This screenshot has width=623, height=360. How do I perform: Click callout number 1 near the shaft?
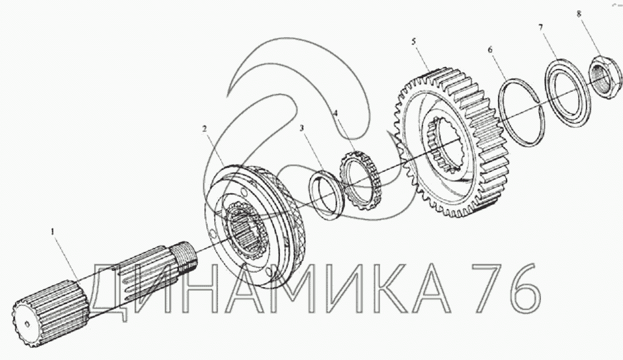pyautogui.click(x=52, y=231)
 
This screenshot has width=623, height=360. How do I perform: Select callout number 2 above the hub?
pyautogui.click(x=204, y=129)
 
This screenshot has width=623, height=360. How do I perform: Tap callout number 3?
pyautogui.click(x=302, y=128)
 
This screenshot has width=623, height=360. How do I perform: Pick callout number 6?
pyautogui.click(x=490, y=49)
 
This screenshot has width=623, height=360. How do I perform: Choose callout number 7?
pyautogui.click(x=540, y=27)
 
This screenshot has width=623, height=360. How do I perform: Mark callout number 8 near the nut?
pyautogui.click(x=579, y=14)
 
